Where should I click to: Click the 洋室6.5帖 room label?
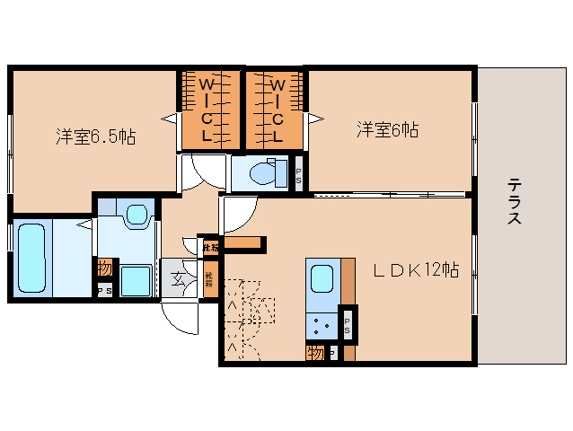click(95, 137)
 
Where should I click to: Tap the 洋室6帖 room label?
click(386, 130)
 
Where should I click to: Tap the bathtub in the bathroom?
click(31, 256)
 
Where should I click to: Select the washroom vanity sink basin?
click(137, 215)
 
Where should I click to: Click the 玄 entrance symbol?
click(177, 278)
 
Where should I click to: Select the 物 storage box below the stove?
click(315, 352)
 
